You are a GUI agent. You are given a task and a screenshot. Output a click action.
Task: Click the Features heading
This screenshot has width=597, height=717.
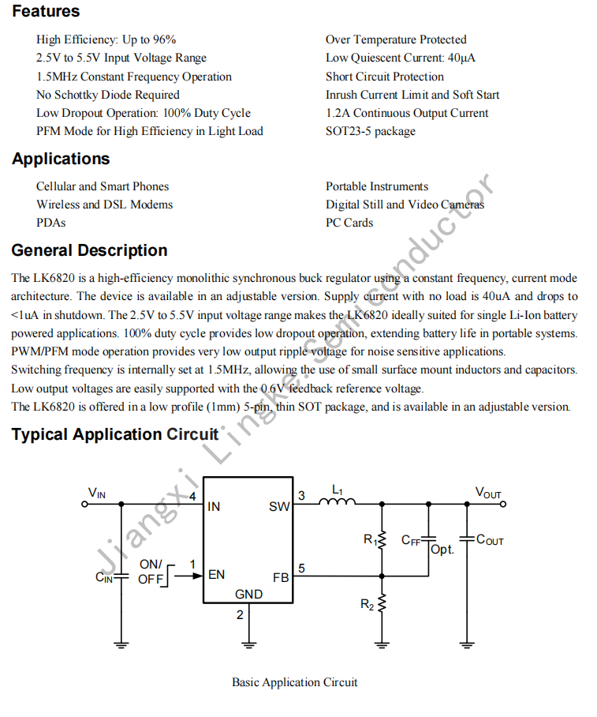point(46,11)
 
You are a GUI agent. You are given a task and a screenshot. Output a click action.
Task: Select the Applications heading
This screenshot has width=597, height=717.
point(61,159)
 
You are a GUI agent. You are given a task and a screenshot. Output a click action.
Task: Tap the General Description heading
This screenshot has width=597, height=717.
point(89,250)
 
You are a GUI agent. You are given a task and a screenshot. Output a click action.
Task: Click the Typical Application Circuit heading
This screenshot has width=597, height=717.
point(115,434)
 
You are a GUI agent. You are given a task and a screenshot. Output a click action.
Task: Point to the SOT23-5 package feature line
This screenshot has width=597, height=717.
point(370,131)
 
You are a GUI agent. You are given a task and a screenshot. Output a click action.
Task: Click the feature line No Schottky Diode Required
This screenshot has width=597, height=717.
point(108,95)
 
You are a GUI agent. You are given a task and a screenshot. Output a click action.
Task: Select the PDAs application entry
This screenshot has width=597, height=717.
point(50,223)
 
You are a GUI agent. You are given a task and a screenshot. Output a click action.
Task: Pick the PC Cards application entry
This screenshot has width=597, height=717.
point(349,223)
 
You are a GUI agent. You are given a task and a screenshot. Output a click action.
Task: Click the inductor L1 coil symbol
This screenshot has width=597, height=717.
point(337,501)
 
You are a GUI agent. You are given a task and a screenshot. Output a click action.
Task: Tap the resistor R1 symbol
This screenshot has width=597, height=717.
point(382,540)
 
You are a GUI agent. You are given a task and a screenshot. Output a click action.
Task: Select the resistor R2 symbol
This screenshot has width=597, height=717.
point(382,605)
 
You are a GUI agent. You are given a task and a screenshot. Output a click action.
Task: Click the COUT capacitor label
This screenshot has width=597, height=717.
point(490,541)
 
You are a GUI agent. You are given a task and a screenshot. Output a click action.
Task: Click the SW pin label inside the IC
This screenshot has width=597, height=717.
point(279,507)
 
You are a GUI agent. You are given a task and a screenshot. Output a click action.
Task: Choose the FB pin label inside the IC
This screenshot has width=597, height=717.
point(281,577)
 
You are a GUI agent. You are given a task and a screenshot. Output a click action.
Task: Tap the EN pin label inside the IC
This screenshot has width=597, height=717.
point(216,575)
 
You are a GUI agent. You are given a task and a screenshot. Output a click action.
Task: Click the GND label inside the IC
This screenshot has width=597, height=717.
point(249,595)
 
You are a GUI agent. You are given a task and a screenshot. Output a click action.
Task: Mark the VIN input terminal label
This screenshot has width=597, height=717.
point(96,494)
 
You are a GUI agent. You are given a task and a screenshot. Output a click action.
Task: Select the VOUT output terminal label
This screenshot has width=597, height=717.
point(488,494)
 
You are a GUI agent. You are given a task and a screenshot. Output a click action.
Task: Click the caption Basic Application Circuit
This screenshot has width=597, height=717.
point(294,682)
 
